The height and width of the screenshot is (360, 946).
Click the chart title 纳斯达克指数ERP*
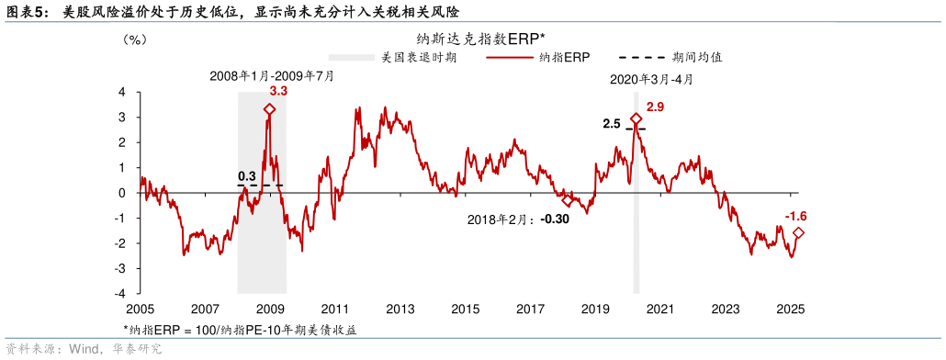480,39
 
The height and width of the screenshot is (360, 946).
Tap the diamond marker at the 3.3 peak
269,109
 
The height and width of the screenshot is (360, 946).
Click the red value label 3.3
278,92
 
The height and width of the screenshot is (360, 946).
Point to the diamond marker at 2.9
636,118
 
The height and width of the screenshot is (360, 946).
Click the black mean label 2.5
612,123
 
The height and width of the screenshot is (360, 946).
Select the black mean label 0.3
247,175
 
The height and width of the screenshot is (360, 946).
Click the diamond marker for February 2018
568,200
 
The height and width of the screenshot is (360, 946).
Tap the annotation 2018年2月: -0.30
518,219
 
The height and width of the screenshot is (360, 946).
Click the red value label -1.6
795,216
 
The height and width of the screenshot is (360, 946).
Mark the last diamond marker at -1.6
798,233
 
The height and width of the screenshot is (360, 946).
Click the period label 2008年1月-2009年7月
272,76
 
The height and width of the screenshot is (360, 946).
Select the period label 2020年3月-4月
652,80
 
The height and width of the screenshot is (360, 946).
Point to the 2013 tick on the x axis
400,309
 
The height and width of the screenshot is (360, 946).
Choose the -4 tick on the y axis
122,294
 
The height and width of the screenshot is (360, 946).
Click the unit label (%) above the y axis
135,39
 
